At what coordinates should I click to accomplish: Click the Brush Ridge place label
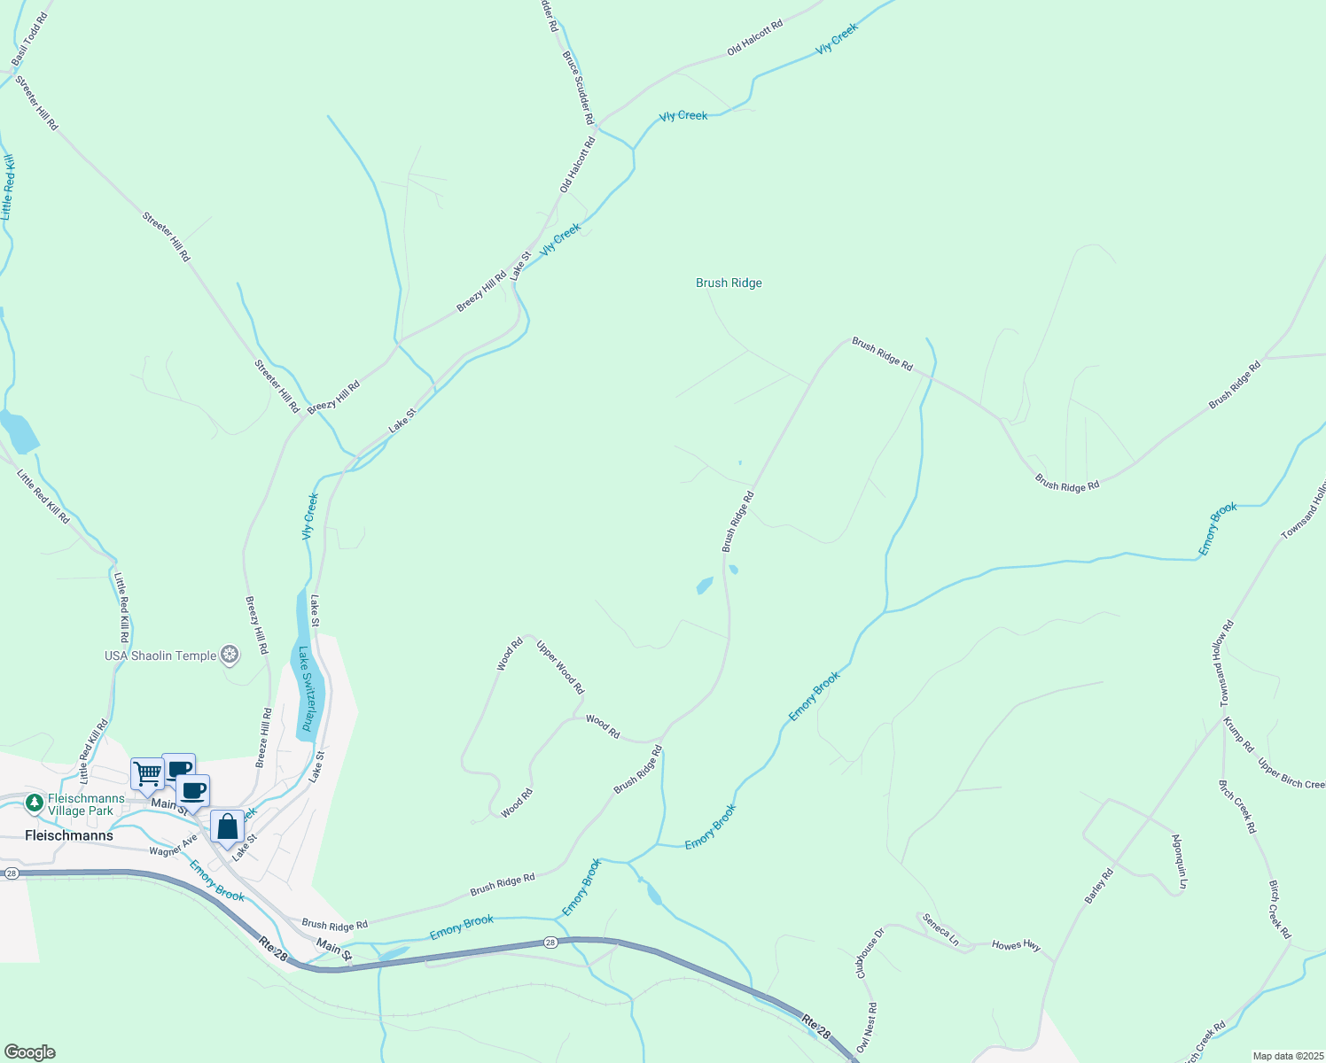tap(729, 283)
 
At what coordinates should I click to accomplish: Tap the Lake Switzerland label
tap(306, 688)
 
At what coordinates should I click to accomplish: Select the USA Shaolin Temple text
tap(160, 656)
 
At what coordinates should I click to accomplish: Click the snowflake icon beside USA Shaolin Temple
tap(230, 656)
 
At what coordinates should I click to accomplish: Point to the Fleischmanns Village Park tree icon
tap(35, 803)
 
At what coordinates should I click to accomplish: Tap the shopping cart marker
tap(147, 773)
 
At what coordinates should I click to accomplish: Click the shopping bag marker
tap(228, 827)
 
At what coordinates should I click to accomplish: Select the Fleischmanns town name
tap(69, 835)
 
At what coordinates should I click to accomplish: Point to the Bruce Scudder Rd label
tap(577, 87)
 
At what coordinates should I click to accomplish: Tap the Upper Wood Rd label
tap(560, 666)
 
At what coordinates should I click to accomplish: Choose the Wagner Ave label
tap(173, 845)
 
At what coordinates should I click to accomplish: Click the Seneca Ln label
tap(940, 930)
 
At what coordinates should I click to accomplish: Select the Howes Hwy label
tap(1016, 945)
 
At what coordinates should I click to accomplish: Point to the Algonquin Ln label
tap(1179, 861)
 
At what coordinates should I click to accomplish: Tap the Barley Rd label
tap(1099, 886)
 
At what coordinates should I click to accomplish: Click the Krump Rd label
tap(1238, 734)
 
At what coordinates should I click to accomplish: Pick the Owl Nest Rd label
tap(867, 1028)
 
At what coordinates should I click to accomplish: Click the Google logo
tap(28, 1052)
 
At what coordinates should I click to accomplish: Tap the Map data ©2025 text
tap(1287, 1056)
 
